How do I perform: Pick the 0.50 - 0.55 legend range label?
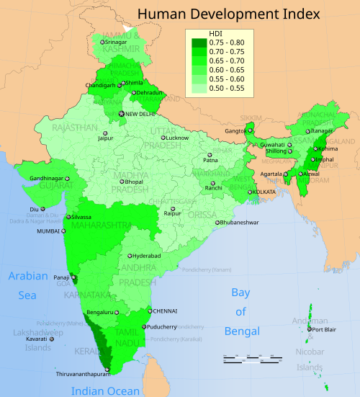click(226, 89)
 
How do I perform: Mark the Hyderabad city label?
click(147, 256)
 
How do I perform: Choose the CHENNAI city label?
click(166, 311)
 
